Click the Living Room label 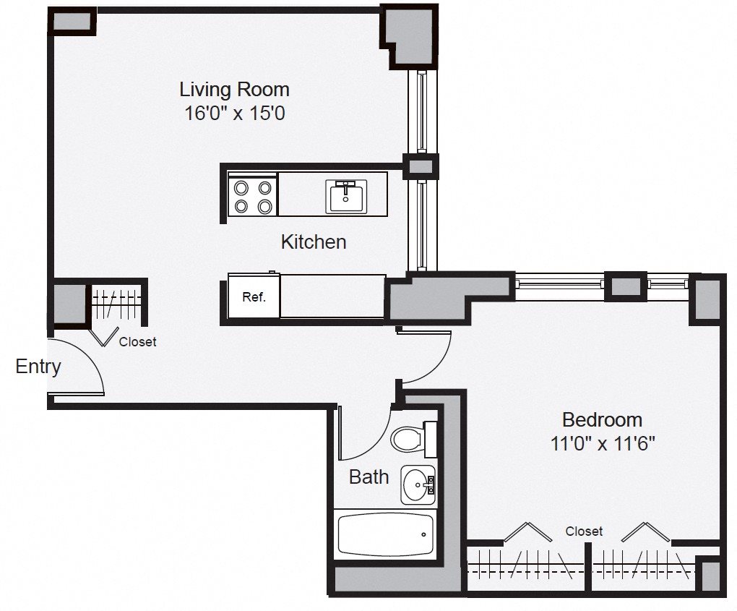(x=234, y=90)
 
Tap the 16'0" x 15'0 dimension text (x=235, y=114)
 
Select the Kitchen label (x=314, y=242)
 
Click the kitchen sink (x=346, y=196)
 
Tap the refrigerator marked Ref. (x=254, y=296)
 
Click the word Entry (x=38, y=367)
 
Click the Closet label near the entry (x=137, y=342)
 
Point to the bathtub (x=385, y=534)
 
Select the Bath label (x=369, y=477)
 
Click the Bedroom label (x=602, y=419)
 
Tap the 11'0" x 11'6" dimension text (x=603, y=443)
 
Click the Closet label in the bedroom (x=584, y=531)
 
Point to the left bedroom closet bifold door (x=528, y=531)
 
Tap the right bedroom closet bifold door (x=646, y=531)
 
